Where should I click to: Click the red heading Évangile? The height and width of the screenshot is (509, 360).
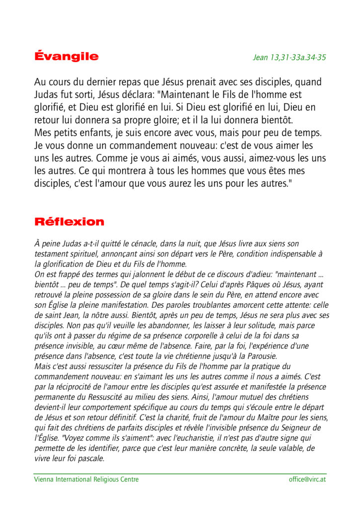pos(66,56)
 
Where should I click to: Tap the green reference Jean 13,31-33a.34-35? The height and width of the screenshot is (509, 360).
pos(289,57)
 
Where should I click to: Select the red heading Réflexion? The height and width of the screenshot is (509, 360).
pos(69,222)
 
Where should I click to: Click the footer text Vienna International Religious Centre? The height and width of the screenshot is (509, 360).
pos(86,480)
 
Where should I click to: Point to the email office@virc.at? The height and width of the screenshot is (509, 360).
pos(307,480)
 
